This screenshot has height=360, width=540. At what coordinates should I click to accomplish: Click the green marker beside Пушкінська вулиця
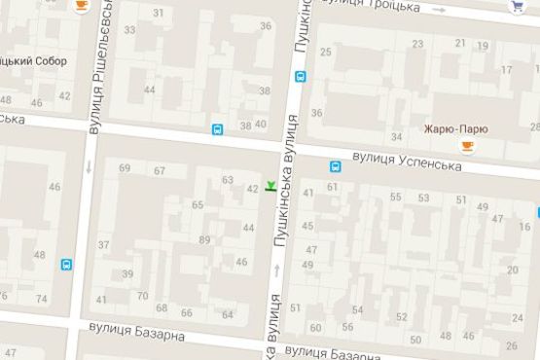[x=270, y=184]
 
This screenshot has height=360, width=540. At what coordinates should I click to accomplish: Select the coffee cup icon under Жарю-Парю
[x=467, y=146]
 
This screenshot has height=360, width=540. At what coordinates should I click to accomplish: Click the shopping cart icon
[x=518, y=6]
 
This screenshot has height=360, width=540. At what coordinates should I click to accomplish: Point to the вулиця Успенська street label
[x=406, y=160]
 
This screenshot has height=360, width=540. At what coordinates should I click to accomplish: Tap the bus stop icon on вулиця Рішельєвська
[x=67, y=264]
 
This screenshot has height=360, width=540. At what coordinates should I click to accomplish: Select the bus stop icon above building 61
[x=335, y=167]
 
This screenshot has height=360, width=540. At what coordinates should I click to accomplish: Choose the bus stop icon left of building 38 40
[x=216, y=128]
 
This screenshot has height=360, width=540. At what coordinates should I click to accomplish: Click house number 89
[x=204, y=239]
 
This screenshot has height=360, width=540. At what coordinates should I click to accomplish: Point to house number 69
[x=125, y=168]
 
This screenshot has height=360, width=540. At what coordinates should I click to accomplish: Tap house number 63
[x=228, y=179]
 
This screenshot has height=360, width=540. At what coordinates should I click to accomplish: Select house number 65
[x=198, y=204]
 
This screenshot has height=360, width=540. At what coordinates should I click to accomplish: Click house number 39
[x=127, y=274]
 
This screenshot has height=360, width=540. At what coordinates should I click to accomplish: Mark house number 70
[x=142, y=296]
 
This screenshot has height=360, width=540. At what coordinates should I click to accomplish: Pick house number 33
[x=129, y=30]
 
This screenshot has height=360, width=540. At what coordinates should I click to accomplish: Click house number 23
[x=418, y=44]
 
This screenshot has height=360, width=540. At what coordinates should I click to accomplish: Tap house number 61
[x=333, y=186]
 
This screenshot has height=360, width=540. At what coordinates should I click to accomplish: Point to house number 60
[x=315, y=327]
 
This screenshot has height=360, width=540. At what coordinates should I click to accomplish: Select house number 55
[x=395, y=198]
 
